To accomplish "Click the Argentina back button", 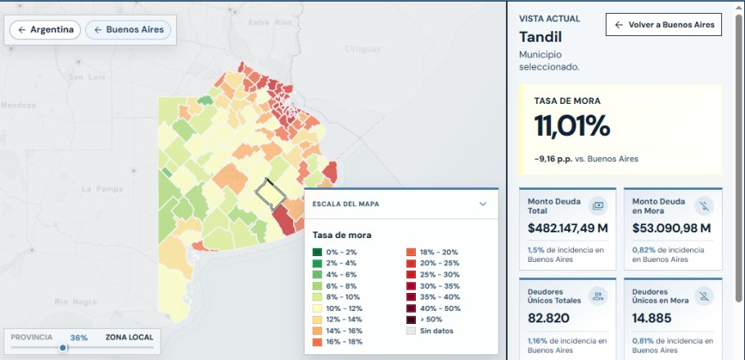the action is (45, 30).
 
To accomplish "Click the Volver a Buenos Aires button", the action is (663, 25).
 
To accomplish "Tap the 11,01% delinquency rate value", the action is (571, 126).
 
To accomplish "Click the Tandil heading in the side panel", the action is (540, 37).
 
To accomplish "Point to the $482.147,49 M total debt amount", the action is (568, 228).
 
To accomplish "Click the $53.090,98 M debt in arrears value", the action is (671, 228).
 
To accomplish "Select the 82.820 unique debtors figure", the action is (549, 317).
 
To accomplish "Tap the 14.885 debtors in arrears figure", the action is (652, 317).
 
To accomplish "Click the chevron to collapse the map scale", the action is (483, 205).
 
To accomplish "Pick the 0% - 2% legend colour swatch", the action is (317, 252).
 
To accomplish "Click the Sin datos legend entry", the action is (430, 331).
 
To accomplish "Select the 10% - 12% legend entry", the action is (337, 308).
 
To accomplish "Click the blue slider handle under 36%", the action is (63, 348).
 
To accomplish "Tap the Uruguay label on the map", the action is (363, 49).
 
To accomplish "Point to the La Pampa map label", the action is (102, 189).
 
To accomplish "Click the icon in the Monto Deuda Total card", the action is (598, 205).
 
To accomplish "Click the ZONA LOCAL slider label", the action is (129, 337).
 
